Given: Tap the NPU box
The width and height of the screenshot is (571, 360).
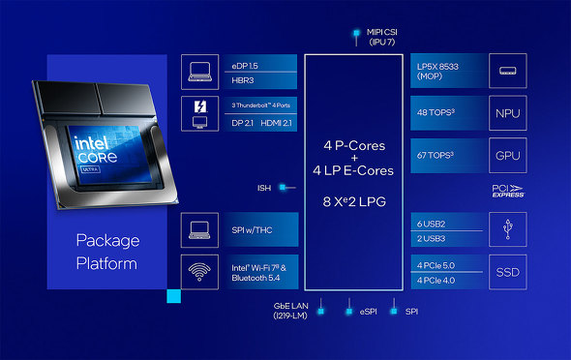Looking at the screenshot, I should (507, 113).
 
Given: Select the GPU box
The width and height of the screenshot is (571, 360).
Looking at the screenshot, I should (507, 155).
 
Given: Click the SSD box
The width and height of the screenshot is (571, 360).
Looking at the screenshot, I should (507, 272).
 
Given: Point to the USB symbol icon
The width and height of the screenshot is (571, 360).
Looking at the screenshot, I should (507, 230).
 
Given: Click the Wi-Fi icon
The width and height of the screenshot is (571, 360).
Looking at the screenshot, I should (200, 272).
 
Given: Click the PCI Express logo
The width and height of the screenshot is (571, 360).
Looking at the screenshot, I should (507, 192).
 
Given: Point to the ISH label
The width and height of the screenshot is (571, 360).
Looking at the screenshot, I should (264, 188).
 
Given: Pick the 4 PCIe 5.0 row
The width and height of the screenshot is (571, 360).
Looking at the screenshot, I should (436, 263).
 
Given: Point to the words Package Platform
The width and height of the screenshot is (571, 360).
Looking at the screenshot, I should (108, 251).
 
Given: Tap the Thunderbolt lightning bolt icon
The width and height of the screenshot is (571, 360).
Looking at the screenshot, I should (200, 106).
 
